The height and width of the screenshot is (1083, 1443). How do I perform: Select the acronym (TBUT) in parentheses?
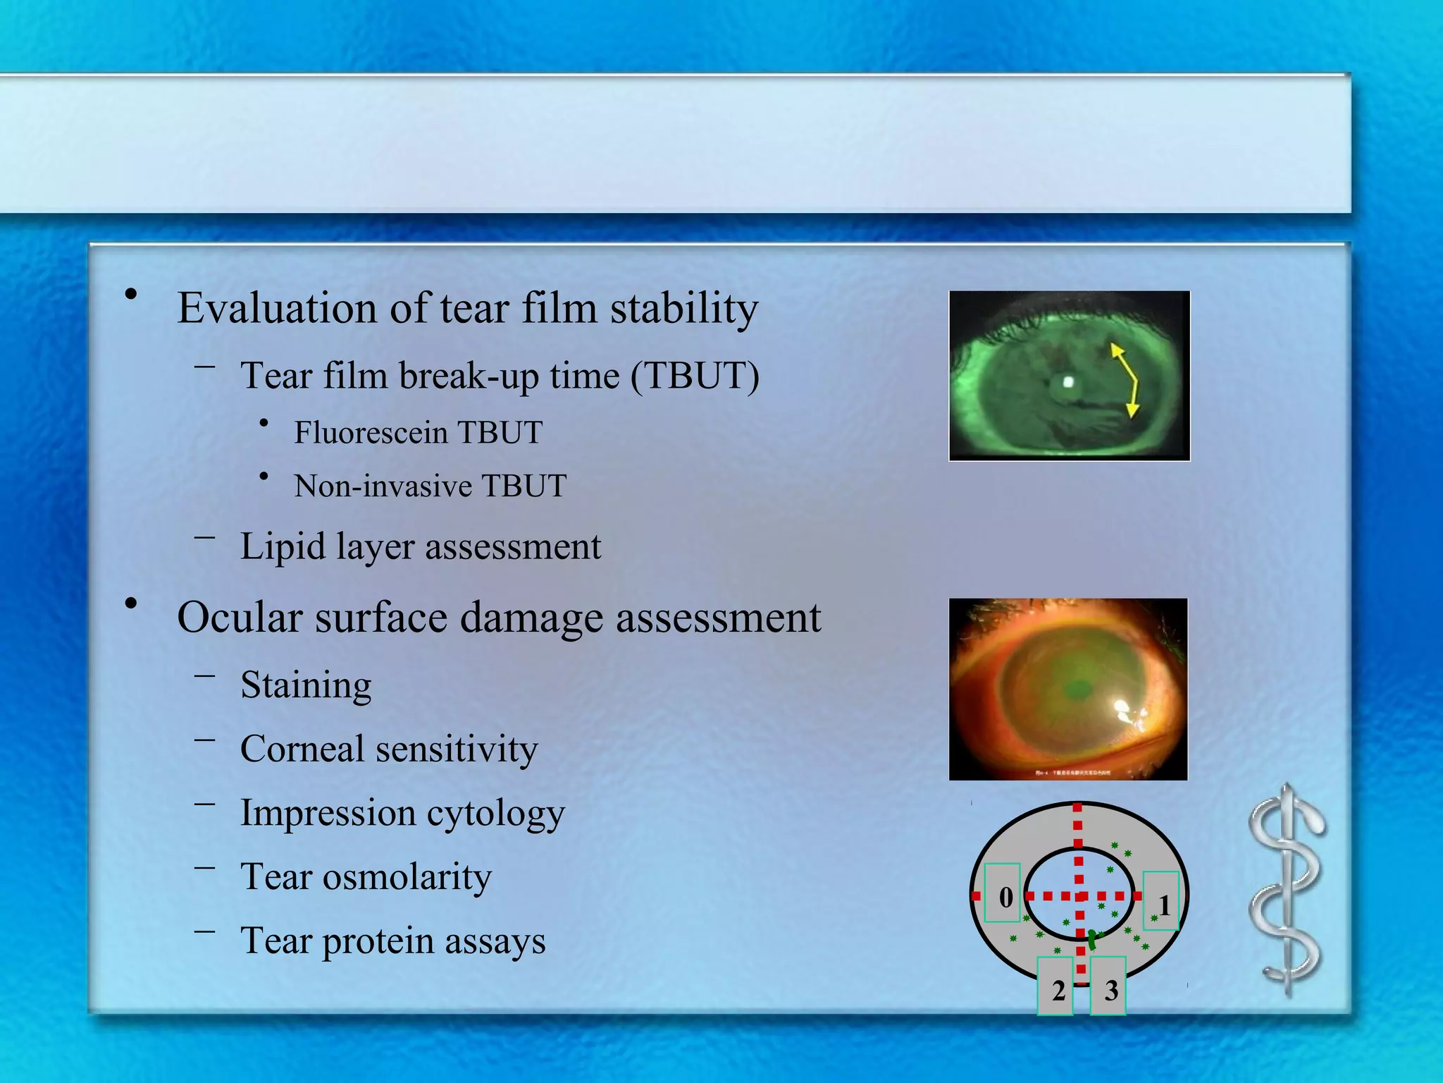point(694,375)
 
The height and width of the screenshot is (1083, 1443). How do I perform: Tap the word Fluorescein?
point(370,432)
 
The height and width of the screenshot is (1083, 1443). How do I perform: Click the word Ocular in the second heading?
point(240,617)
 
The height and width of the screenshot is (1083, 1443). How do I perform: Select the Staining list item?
point(306,685)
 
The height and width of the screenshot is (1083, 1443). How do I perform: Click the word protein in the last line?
point(378,941)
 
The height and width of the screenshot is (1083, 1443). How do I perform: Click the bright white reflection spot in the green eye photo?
point(1068,382)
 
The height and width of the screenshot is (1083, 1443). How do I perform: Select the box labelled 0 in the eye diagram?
point(1002,893)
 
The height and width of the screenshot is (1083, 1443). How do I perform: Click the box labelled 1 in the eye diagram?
point(1160,900)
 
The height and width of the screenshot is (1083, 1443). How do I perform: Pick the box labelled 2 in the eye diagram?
point(1055,986)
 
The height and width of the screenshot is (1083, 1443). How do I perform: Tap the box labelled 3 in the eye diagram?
point(1108,986)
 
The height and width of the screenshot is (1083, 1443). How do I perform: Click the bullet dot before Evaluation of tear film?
point(130,294)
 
